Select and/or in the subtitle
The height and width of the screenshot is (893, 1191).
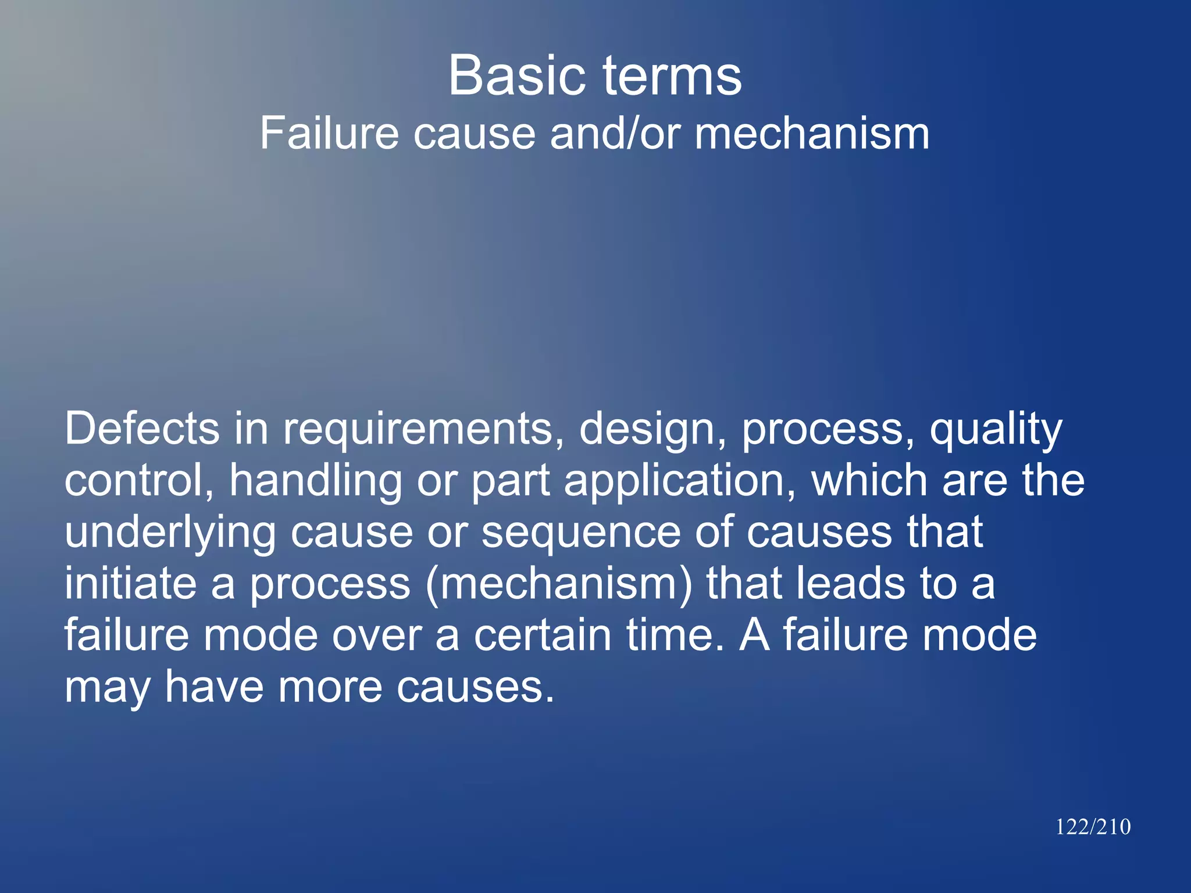pos(615,134)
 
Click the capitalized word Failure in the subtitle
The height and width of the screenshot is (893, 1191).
pos(329,134)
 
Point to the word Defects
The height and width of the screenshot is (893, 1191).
pos(142,428)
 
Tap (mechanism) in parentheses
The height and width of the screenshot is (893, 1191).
pos(559,585)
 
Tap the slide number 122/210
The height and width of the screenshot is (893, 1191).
pos(1093,827)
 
